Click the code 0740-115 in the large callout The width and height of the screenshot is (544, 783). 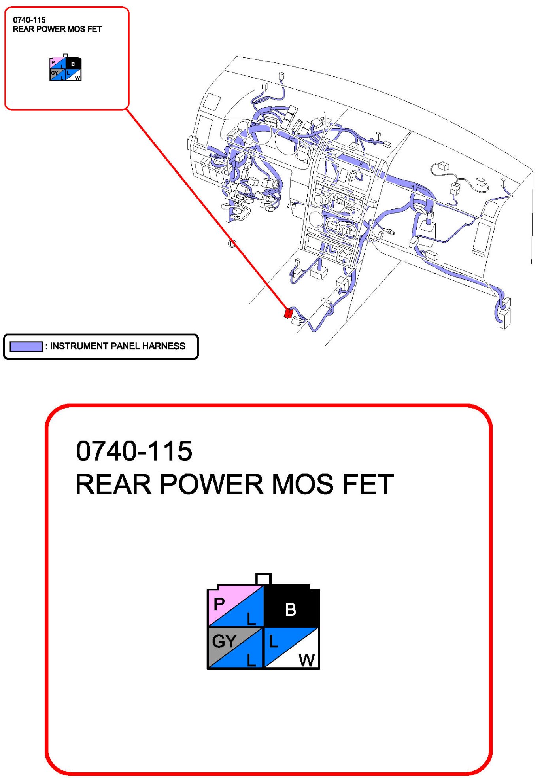point(134,451)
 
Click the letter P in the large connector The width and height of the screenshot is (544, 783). point(219,604)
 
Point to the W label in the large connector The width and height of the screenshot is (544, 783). point(307,660)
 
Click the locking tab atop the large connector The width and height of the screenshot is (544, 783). point(263,579)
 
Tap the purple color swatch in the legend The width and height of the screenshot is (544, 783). point(26,346)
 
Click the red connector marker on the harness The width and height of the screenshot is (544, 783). point(288,313)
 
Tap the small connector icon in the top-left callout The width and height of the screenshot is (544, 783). point(65,68)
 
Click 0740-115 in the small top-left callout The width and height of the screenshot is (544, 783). point(29,20)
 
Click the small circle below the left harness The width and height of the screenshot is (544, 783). point(232,244)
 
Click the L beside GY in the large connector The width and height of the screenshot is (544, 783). point(251,660)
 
